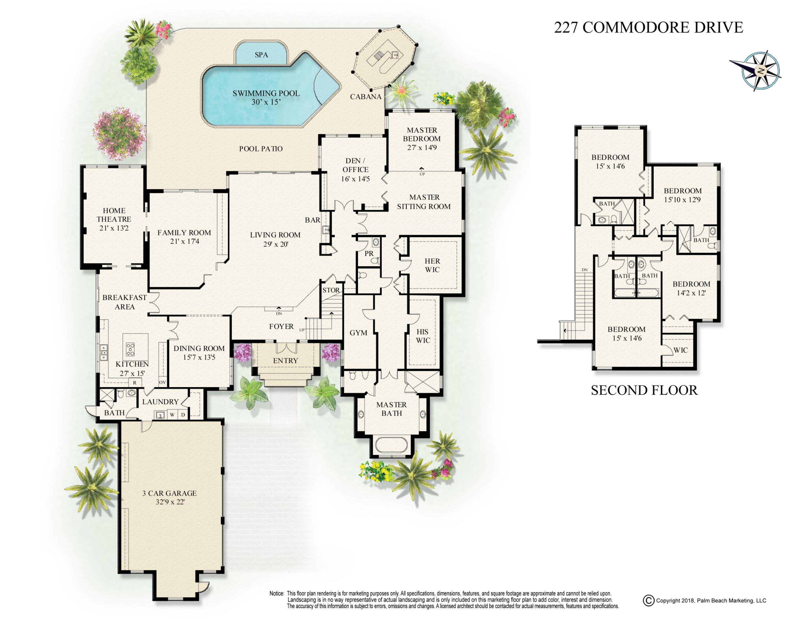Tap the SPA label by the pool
[x=261, y=55]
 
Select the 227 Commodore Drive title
[x=648, y=27]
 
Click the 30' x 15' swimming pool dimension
[x=266, y=102]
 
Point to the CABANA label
[x=366, y=97]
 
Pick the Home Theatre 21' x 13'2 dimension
[x=114, y=228]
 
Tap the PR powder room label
[x=369, y=254]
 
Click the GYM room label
[x=358, y=333]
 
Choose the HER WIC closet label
[x=432, y=265]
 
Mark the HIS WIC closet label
[x=423, y=336]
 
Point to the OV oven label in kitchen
[x=162, y=382]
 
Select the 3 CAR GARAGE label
[x=169, y=493]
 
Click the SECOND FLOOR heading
[x=644, y=390]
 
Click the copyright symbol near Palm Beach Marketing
[x=648, y=600]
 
